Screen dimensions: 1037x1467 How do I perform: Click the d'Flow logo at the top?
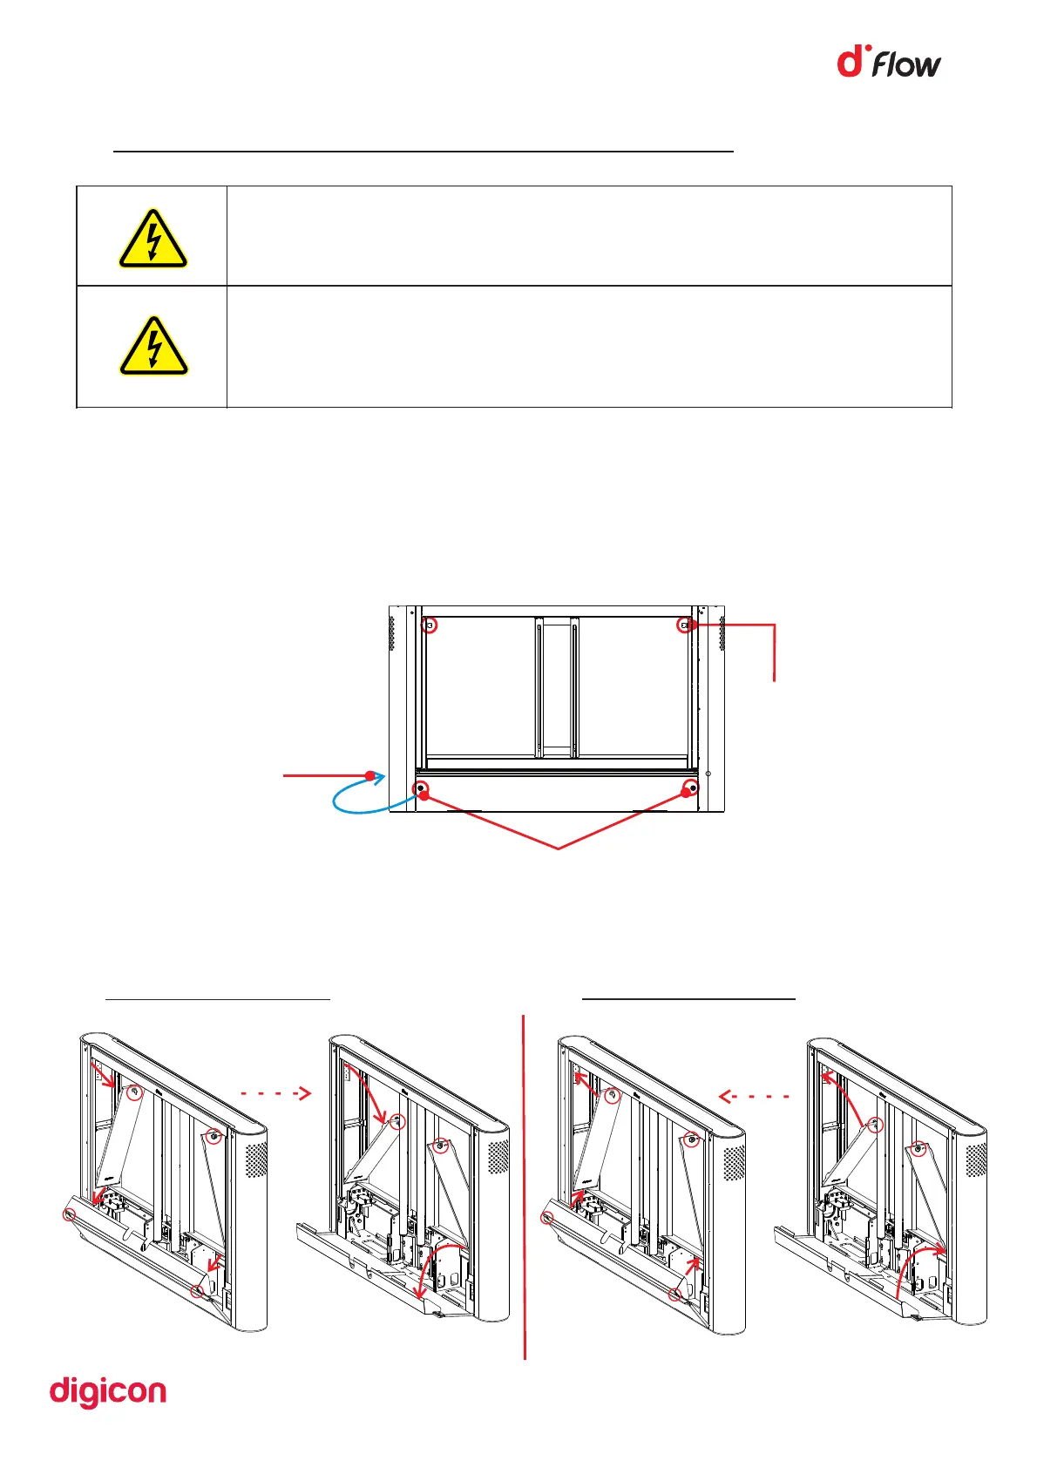tap(889, 63)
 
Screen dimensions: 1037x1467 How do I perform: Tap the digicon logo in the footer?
tap(108, 1392)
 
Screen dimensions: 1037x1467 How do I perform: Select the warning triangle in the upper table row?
tap(153, 239)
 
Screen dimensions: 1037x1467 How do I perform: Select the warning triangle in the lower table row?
tap(153, 347)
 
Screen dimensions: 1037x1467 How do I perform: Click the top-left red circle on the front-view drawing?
tap(429, 625)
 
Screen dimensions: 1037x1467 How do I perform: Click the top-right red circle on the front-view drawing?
tap(686, 625)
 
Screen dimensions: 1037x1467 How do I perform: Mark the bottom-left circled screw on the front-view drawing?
tap(422, 789)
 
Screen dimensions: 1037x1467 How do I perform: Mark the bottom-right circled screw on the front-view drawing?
tap(690, 789)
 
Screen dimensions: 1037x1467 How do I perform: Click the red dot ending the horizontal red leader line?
tap(370, 774)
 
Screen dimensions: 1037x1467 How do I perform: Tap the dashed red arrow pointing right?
tap(275, 1092)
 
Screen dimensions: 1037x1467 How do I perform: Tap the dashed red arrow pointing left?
tap(755, 1097)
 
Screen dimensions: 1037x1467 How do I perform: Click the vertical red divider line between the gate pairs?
tap(525, 1185)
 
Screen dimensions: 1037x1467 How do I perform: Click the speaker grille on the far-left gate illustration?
tap(256, 1160)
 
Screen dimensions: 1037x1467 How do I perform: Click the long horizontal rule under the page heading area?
tap(424, 152)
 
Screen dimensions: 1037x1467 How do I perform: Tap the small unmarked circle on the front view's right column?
tap(708, 774)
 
